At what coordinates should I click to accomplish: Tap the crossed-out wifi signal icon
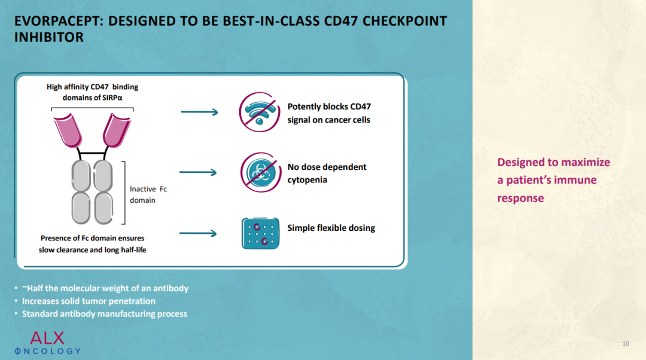coord(260,112)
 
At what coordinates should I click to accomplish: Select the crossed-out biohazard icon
coord(260,173)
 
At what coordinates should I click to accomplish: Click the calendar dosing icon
coord(260,233)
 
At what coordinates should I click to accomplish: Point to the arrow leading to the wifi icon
coord(199,112)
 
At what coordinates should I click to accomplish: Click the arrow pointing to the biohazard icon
coord(198,172)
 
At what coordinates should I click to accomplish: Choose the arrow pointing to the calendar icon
coord(198,234)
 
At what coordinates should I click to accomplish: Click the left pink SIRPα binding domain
coord(68,130)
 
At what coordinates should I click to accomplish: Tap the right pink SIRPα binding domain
coord(117,130)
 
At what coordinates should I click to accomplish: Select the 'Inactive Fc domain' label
coord(148,194)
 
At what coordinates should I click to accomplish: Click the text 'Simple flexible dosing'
coord(331,228)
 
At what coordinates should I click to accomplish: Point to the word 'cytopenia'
coord(307,180)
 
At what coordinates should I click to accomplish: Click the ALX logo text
coord(47,338)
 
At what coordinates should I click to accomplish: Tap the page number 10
coord(626,343)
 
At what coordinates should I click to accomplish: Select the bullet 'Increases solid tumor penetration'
coord(89,301)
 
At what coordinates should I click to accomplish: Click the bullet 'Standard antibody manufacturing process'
coord(105,314)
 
